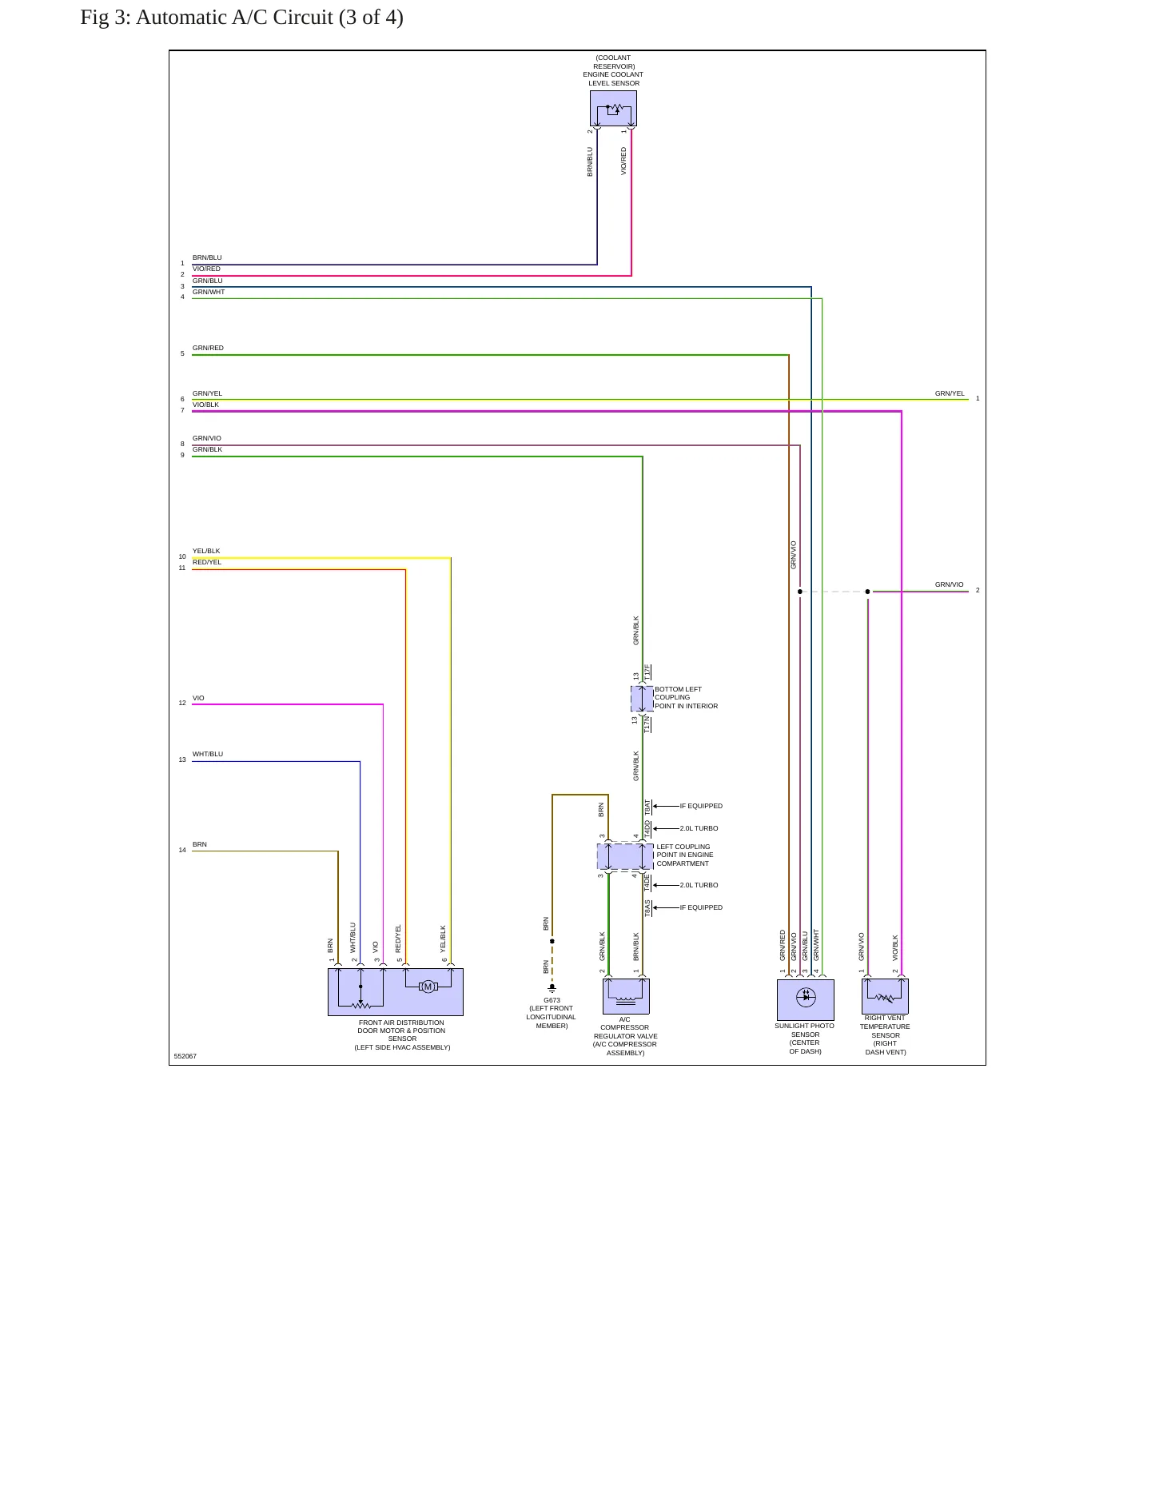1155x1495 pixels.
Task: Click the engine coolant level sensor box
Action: pyautogui.click(x=613, y=108)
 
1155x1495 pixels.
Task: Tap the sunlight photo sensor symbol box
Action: pyautogui.click(x=806, y=999)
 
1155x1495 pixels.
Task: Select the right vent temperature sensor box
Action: pyautogui.click(x=885, y=996)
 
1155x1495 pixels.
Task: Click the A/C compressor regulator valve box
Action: pyautogui.click(x=626, y=996)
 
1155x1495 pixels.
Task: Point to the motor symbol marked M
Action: pyautogui.click(x=428, y=987)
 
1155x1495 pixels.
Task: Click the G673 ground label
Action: pyautogui.click(x=552, y=1000)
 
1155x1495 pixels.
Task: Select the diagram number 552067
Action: pyautogui.click(x=185, y=1056)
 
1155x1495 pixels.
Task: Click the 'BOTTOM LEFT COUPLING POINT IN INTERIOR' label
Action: pyautogui.click(x=687, y=697)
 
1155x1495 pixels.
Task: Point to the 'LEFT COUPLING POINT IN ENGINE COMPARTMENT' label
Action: pyautogui.click(x=685, y=855)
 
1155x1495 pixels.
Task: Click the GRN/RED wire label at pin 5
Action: pyautogui.click(x=208, y=348)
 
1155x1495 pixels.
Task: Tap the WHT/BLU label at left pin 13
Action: pyautogui.click(x=208, y=754)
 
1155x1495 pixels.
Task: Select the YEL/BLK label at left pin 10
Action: pyautogui.click(x=206, y=551)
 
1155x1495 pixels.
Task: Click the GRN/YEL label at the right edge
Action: pyautogui.click(x=950, y=393)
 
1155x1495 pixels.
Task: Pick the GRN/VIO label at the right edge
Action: pyautogui.click(x=950, y=584)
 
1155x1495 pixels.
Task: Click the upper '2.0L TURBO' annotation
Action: pyautogui.click(x=699, y=828)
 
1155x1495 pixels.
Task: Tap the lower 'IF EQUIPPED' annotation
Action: pyautogui.click(x=701, y=907)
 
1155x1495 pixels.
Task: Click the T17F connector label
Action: pyautogui.click(x=647, y=672)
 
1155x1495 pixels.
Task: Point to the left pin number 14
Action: pyautogui.click(x=182, y=850)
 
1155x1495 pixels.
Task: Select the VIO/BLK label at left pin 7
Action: pyautogui.click(x=205, y=405)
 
